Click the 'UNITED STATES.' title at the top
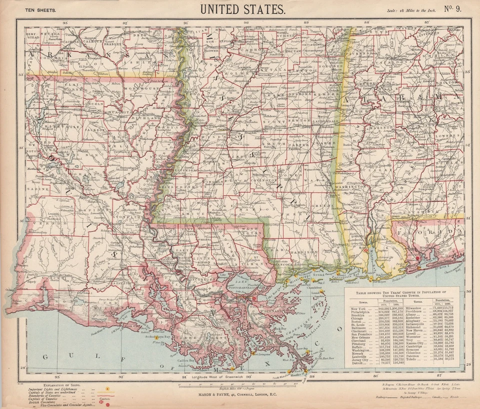243,9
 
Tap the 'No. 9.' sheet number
456,9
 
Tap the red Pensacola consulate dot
418,258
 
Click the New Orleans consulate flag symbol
254,298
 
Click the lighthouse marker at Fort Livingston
253,354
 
